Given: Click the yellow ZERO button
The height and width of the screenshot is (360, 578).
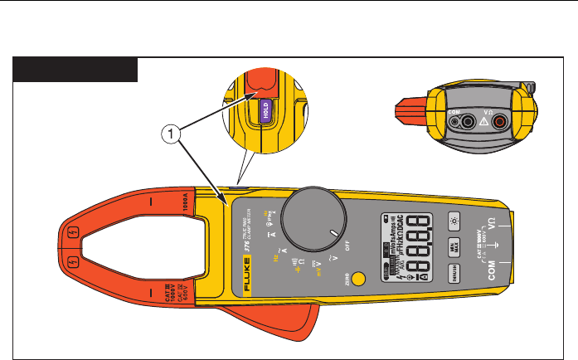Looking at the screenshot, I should tap(358, 280).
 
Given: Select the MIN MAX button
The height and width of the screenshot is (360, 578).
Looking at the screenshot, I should tap(454, 246).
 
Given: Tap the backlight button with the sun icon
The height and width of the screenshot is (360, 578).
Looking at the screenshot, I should tap(454, 221).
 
